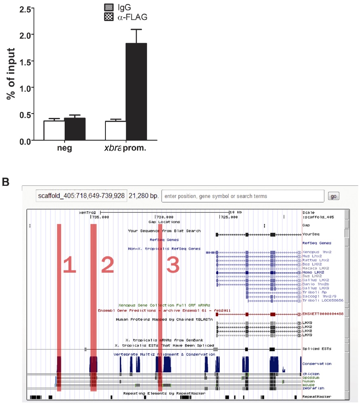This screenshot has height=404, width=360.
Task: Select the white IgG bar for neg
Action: point(54,130)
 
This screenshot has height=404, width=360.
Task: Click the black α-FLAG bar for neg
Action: point(75,129)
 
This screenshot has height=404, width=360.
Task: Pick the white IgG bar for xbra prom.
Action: point(116,130)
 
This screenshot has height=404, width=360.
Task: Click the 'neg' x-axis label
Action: point(65,148)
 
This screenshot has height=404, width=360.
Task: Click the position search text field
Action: point(242,196)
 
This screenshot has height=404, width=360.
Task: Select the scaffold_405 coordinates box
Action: point(81,196)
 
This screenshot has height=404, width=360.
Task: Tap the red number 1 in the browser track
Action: point(69,265)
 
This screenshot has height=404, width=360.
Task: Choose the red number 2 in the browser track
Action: point(107,265)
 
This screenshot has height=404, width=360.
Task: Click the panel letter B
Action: point(6,182)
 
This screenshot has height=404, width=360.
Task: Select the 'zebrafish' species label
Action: point(312,388)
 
